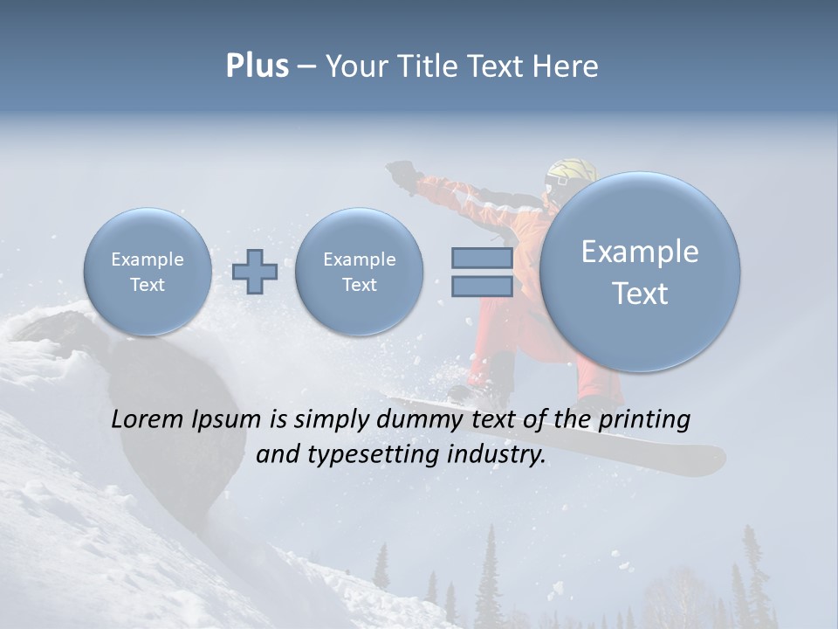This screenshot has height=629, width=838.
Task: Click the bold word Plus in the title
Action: pyautogui.click(x=257, y=66)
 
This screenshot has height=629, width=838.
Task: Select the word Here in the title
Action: pyautogui.click(x=567, y=66)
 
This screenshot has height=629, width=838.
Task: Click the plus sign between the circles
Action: pyautogui.click(x=255, y=271)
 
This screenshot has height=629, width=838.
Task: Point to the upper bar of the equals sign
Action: pyautogui.click(x=482, y=258)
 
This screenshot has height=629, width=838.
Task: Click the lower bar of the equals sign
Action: pyautogui.click(x=482, y=286)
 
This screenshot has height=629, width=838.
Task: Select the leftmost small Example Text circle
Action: pyautogui.click(x=147, y=271)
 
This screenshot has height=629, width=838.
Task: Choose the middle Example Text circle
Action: pyautogui.click(x=359, y=271)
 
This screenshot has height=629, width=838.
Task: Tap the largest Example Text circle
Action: pyautogui.click(x=640, y=272)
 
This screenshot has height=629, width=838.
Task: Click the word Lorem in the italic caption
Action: pyautogui.click(x=148, y=419)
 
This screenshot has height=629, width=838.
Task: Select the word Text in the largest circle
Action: pyautogui.click(x=640, y=294)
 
